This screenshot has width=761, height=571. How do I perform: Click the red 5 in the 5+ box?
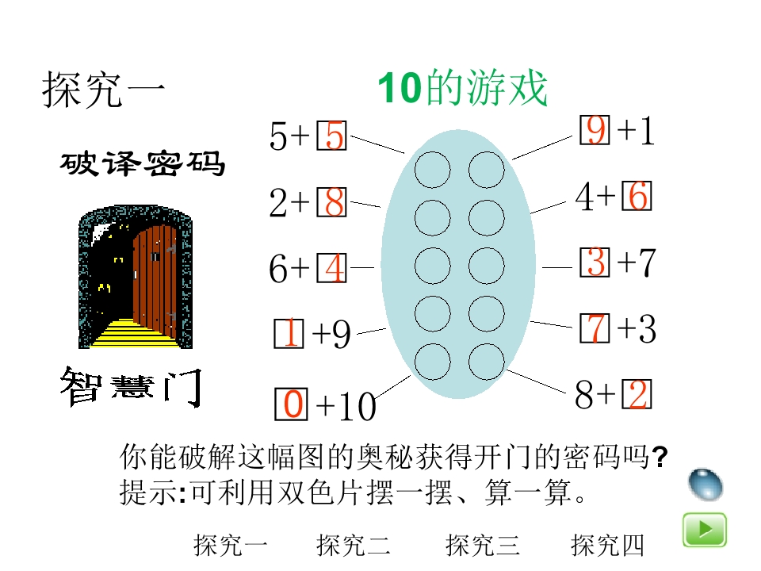tap(335, 138)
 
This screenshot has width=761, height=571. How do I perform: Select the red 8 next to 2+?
tap(335, 204)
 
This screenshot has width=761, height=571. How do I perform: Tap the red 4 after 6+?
tap(335, 270)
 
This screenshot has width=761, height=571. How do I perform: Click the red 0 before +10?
tap(293, 405)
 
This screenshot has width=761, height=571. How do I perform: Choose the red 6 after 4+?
tap(638, 197)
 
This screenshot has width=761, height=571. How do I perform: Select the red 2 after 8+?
tap(638, 395)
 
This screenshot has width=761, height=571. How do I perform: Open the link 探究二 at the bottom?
tap(354, 546)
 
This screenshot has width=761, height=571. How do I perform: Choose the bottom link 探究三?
tap(482, 546)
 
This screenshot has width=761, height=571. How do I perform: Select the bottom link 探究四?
tap(607, 546)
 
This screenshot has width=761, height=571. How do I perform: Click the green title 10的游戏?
tap(462, 89)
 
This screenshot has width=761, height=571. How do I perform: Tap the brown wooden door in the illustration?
tap(155, 278)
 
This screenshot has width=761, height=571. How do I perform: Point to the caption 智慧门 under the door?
tap(131, 387)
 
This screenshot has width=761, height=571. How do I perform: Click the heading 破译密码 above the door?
tap(143, 164)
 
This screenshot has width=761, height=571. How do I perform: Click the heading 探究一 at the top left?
tap(103, 90)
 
